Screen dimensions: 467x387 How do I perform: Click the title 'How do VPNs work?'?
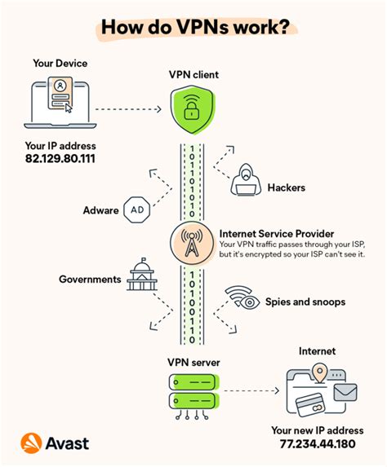(193, 27)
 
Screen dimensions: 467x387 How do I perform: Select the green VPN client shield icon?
(193, 110)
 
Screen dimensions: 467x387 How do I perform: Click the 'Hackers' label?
(287, 187)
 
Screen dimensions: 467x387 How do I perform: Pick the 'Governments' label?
(90, 280)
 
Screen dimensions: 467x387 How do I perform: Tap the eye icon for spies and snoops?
(242, 298)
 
